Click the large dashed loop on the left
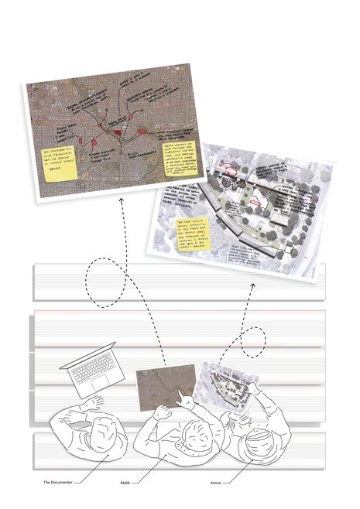[102, 282]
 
